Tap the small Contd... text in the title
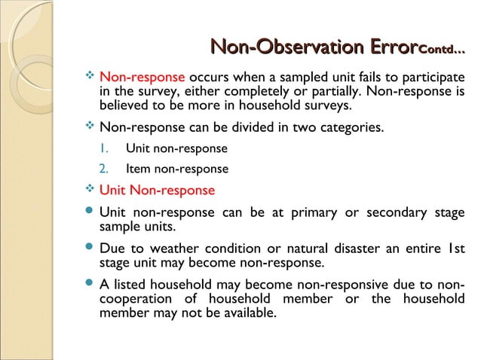pyautogui.click(x=441, y=51)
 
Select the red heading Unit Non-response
pyautogui.click(x=157, y=190)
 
